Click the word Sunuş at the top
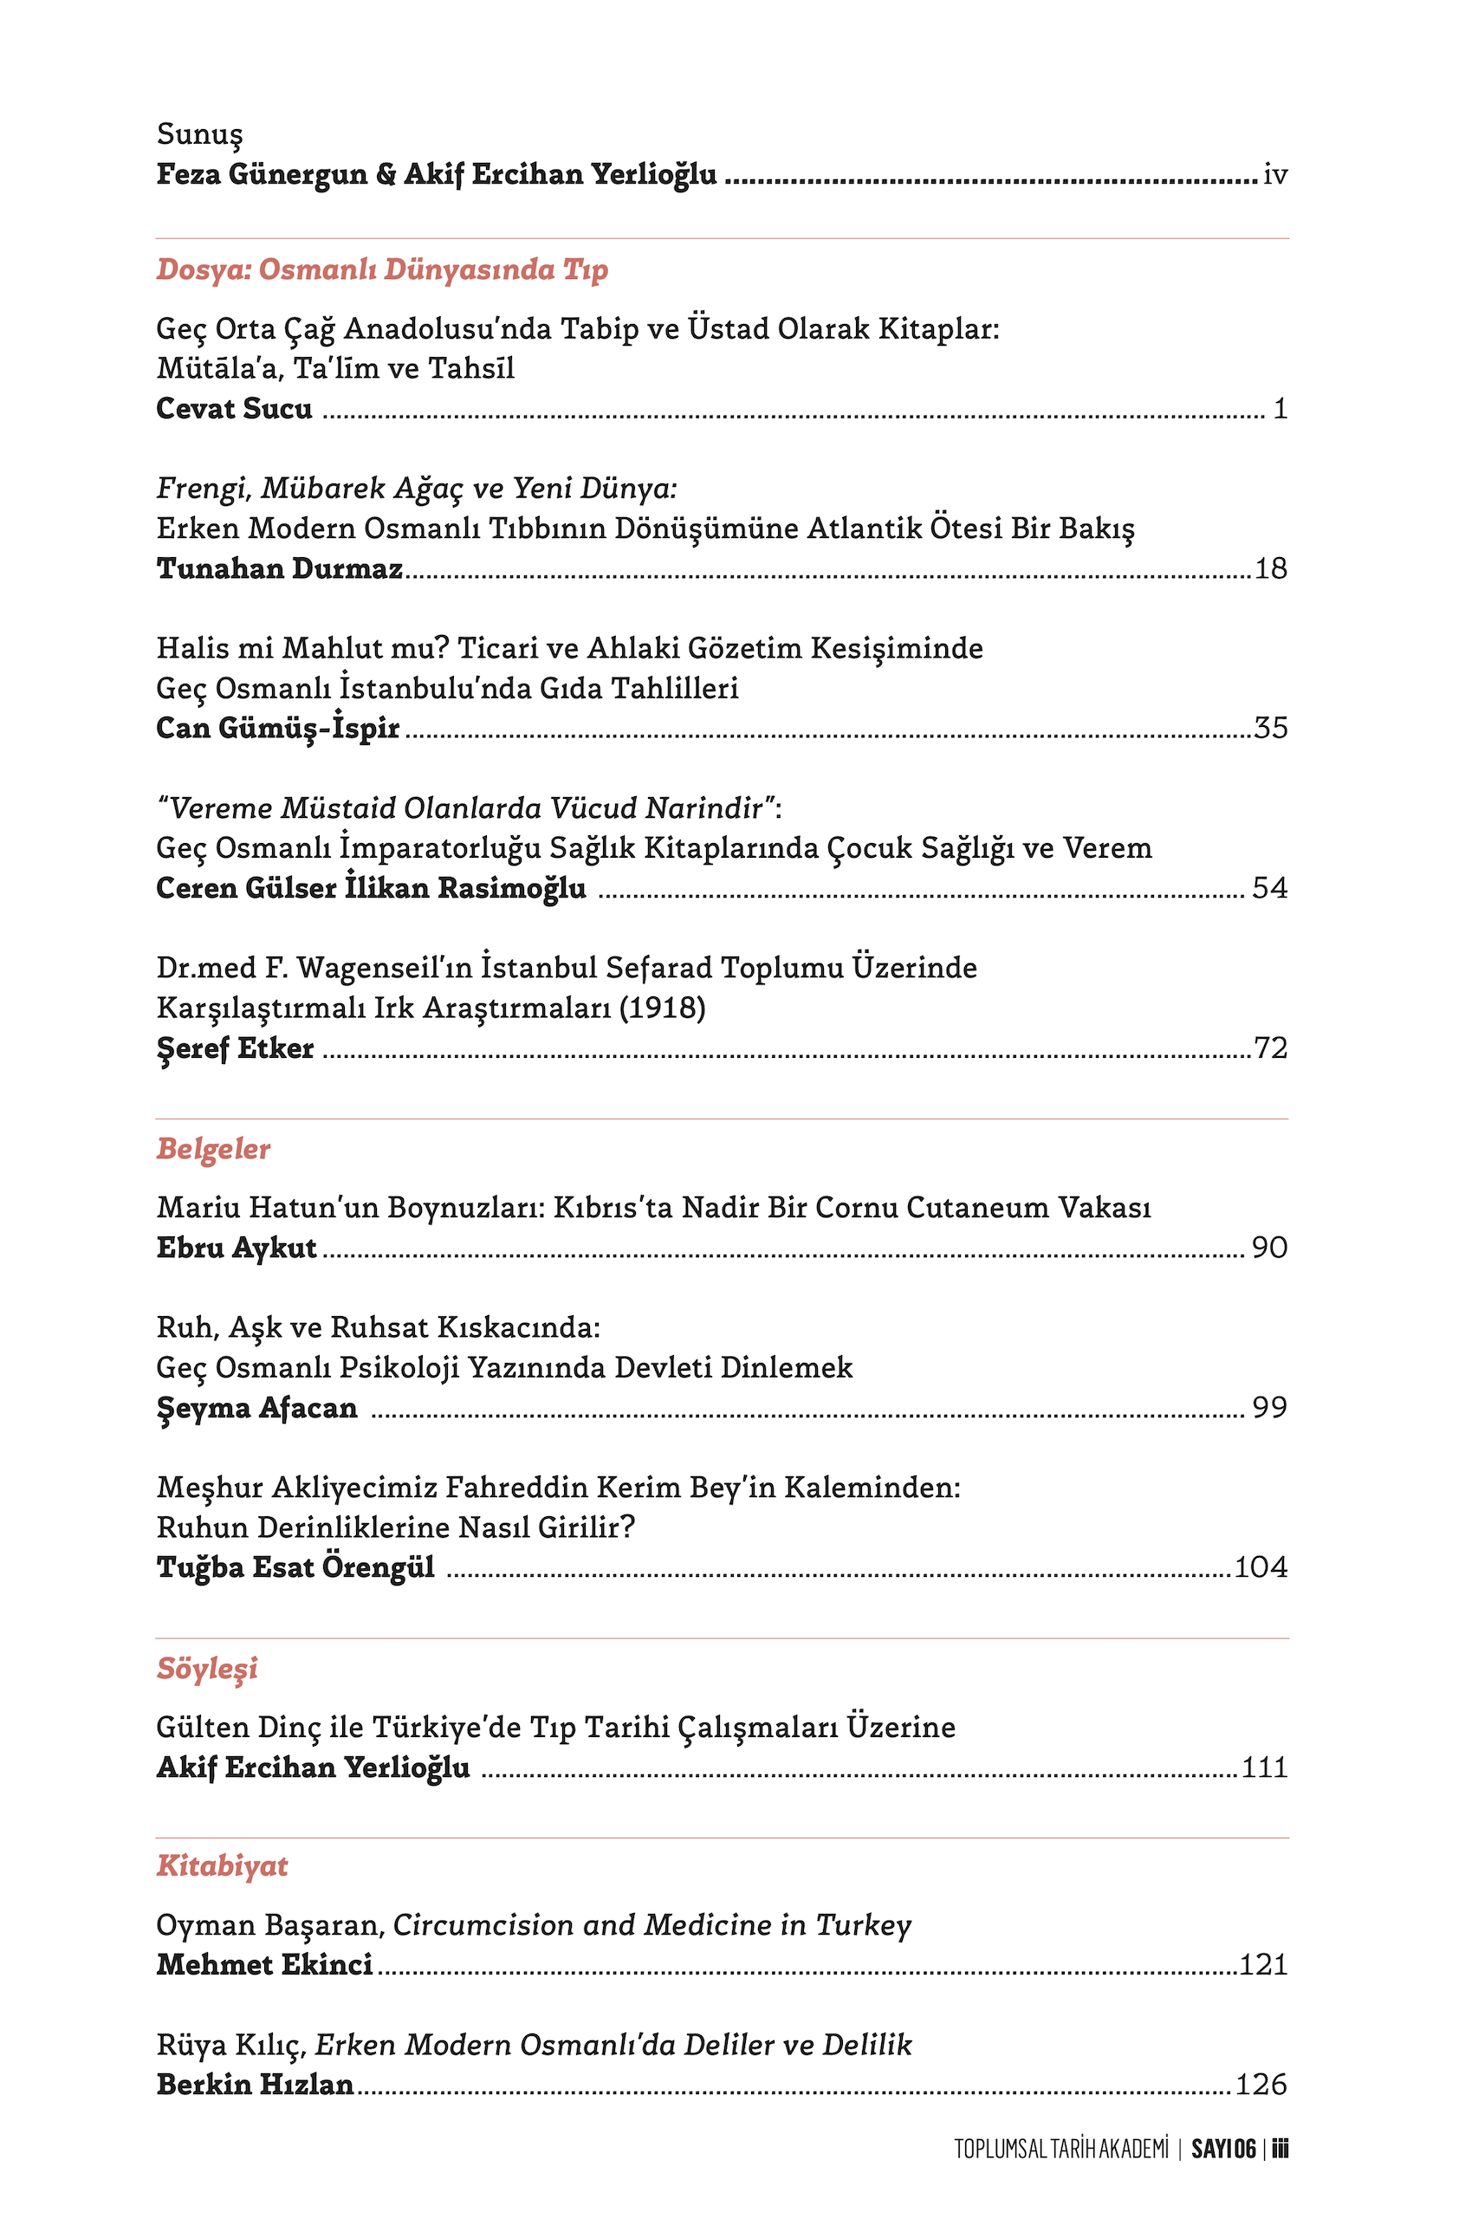[200, 135]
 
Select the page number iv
[1274, 174]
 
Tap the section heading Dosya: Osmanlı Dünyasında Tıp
[382, 269]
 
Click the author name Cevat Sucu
[234, 408]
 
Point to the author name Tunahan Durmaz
[279, 568]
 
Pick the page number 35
[1270, 728]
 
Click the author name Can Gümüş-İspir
[277, 729]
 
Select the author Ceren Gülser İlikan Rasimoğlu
[371, 888]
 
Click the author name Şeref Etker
[235, 1048]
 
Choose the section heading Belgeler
[213, 1149]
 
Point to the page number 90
[1268, 1247]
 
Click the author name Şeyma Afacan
[256, 1407]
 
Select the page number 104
[1261, 1566]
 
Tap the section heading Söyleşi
[206, 1669]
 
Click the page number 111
[1264, 1767]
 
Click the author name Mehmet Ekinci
[264, 1964]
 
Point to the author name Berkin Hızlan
[255, 2085]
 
